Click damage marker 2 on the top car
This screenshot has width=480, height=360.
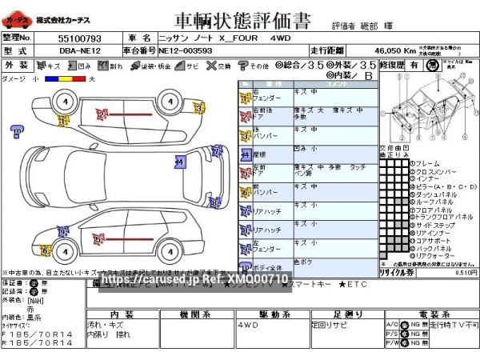pos(102,114)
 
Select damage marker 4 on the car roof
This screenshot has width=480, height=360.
pos(179,162)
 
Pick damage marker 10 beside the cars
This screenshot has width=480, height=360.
pos(16,133)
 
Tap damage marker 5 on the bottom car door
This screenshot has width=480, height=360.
pos(98,238)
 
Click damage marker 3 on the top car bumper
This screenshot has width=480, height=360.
pos(198,108)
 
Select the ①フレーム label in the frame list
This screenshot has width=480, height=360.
pos(428,164)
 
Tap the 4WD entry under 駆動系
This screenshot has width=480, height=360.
pos(248,326)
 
